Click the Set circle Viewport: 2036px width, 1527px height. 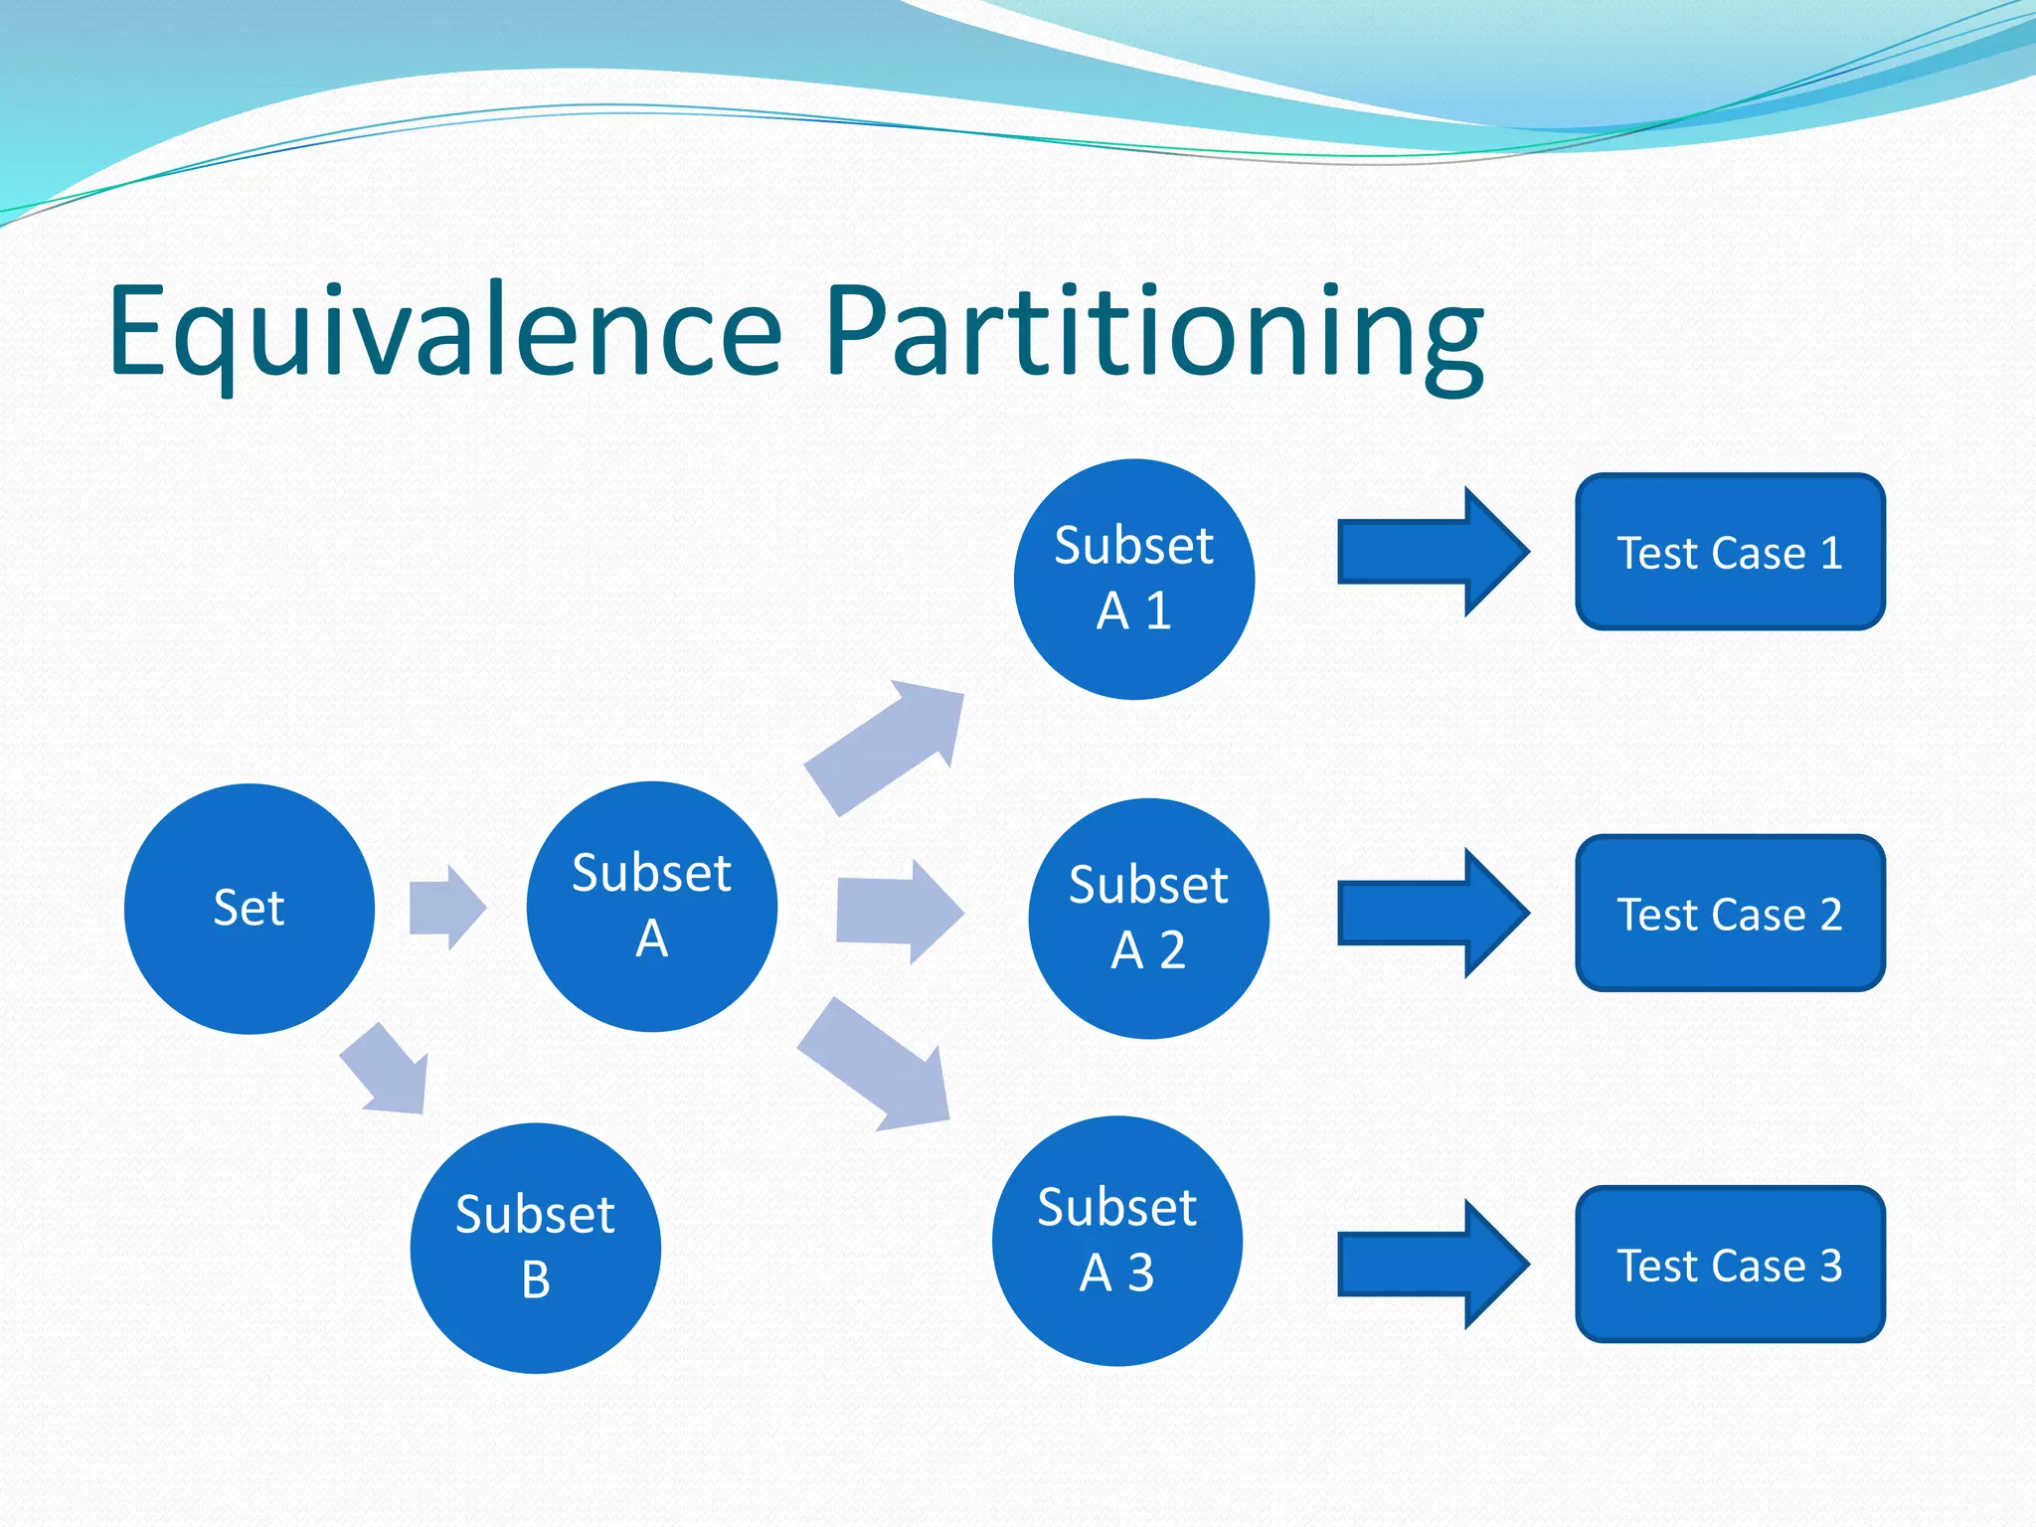[249, 909]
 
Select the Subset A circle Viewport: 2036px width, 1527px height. [651, 907]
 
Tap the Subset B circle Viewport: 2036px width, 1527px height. [535, 1248]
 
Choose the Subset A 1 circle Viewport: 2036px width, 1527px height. [1133, 579]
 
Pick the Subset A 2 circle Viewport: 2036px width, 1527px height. [1148, 919]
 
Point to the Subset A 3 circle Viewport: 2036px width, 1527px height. [1116, 1241]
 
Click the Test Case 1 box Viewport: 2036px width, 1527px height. [1730, 552]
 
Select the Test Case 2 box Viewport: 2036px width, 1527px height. [1730, 913]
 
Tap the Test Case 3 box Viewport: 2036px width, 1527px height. [1730, 1265]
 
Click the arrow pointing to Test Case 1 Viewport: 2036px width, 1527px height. [1432, 552]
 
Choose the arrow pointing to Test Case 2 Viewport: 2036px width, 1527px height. [1432, 913]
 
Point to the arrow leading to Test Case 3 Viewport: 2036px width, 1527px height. [1432, 1265]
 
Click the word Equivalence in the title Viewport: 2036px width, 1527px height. [445, 333]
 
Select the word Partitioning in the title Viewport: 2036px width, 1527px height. [1153, 333]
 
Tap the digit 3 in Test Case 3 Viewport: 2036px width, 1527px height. [1831, 1266]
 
